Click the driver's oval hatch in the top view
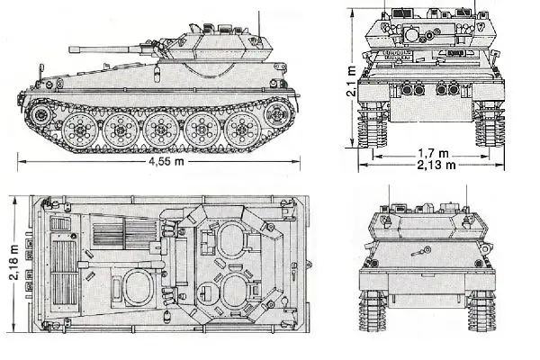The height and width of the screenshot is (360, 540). [140, 288]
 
